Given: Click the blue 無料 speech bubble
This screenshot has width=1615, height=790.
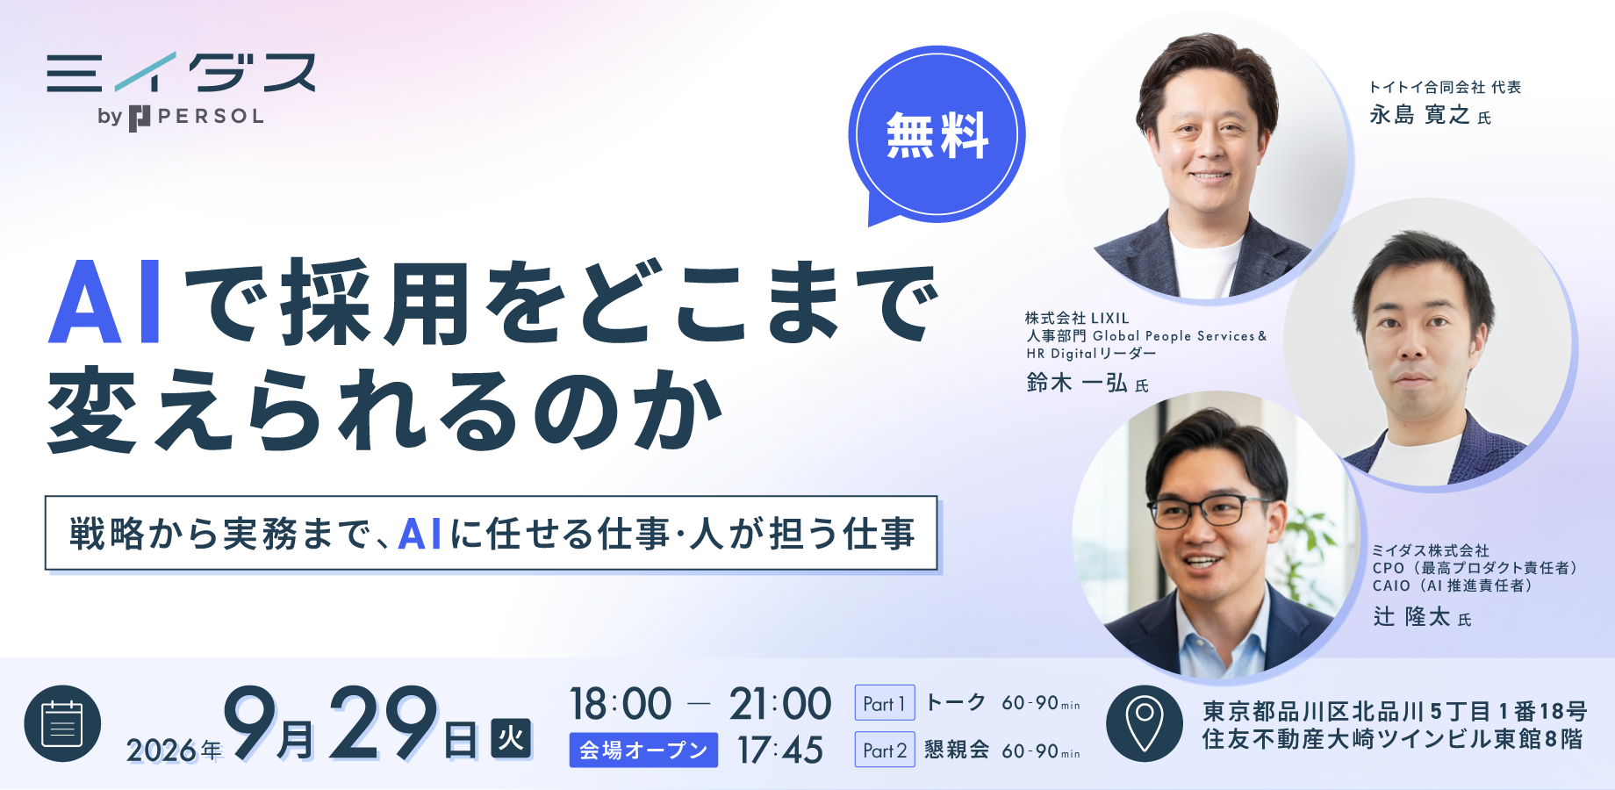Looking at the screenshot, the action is tap(937, 133).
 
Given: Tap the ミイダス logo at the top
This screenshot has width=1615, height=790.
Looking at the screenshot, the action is tap(181, 72).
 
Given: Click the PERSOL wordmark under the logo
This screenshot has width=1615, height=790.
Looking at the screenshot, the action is tap(211, 117).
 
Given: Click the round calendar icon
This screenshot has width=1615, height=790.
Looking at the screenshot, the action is tap(62, 724).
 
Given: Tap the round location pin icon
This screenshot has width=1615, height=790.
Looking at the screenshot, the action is tap(1145, 723).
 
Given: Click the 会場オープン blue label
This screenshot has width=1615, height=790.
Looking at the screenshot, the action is tap(643, 750).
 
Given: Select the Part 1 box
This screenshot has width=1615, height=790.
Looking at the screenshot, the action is tap(885, 703).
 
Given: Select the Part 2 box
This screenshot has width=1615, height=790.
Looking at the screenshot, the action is tap(885, 750).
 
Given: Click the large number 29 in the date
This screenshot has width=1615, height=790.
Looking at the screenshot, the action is tap(384, 722).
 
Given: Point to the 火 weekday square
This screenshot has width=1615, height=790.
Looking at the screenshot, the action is tap(511, 738).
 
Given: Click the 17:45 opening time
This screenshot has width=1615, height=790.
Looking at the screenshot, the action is tap(779, 750).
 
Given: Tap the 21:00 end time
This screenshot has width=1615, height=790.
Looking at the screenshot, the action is tap(779, 704).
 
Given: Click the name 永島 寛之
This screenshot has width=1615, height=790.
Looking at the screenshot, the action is tap(1419, 115).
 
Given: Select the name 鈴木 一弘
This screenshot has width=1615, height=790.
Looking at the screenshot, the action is tap(1076, 383).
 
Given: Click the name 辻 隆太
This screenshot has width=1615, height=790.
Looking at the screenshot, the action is tap(1411, 616).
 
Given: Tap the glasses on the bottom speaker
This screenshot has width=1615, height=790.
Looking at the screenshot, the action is tap(1209, 511).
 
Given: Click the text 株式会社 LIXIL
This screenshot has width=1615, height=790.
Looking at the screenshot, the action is tap(1077, 318).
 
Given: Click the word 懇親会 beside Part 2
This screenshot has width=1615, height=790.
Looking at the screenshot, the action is tap(957, 750).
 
